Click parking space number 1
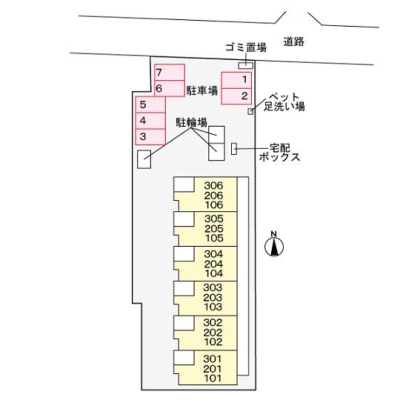pyautogui.click(x=236, y=80)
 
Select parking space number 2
pyautogui.click(x=236, y=96)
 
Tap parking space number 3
pyautogui.click(x=150, y=136)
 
